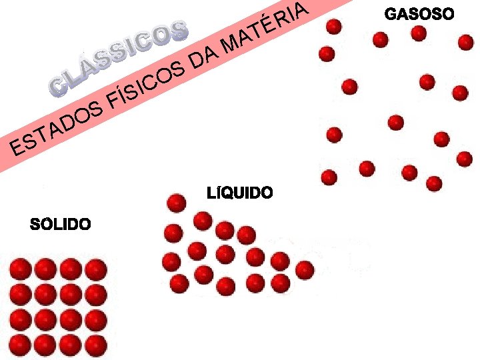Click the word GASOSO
[x=420, y=13]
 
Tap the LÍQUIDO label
[x=240, y=193]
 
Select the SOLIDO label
[x=61, y=224]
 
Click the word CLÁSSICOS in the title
[x=119, y=58]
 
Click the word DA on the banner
[x=204, y=59]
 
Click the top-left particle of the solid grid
[x=21, y=269]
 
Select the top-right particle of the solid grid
[x=96, y=269]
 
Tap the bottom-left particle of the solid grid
[x=21, y=345]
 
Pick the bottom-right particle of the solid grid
[x=96, y=345]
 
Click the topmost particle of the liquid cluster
[x=176, y=202]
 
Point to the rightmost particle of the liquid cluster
[x=305, y=269]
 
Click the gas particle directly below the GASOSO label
[x=419, y=33]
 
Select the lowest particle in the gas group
[x=434, y=183]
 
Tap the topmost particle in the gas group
[x=334, y=26]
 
